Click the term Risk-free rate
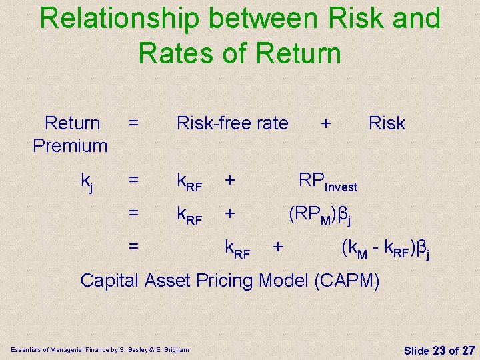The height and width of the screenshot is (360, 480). coord(232,123)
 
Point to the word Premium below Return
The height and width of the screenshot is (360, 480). coord(70,145)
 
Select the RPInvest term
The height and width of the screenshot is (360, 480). coord(327,181)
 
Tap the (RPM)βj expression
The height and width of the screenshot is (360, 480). coord(319,215)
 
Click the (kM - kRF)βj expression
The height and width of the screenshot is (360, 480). coord(385,249)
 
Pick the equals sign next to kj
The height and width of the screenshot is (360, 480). coord(134,180)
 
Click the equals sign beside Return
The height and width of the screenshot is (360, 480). coord(134,123)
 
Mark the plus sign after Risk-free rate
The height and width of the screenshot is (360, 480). coord(325,123)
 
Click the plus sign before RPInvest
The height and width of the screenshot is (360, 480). coord(229,180)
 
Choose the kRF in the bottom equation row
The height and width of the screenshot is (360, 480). coord(237,249)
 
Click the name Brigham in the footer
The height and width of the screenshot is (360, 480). coord(176,349)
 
